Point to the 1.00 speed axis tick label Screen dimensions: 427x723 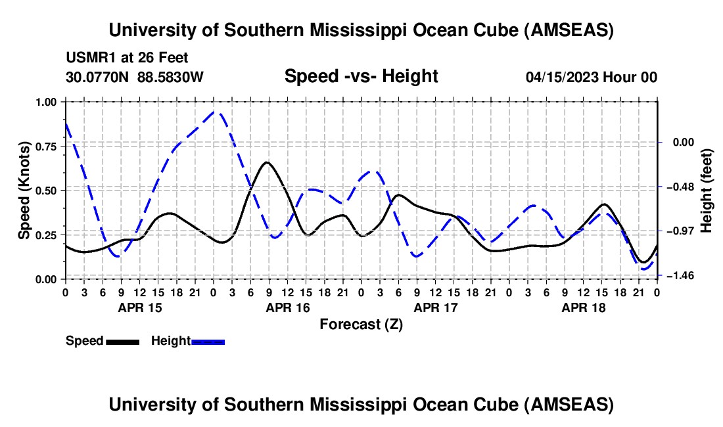click(48, 102)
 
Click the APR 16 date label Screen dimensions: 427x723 click(287, 307)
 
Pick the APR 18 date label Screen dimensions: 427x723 click(583, 307)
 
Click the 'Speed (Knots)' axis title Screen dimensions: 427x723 click(24, 191)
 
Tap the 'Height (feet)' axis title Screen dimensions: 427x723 click(707, 191)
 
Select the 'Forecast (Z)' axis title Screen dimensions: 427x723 click(361, 324)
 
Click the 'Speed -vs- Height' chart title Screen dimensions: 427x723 click(361, 77)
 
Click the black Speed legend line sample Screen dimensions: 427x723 click(122, 342)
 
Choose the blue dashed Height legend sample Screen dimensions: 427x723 click(208, 342)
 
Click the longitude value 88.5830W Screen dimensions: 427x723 click(170, 77)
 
